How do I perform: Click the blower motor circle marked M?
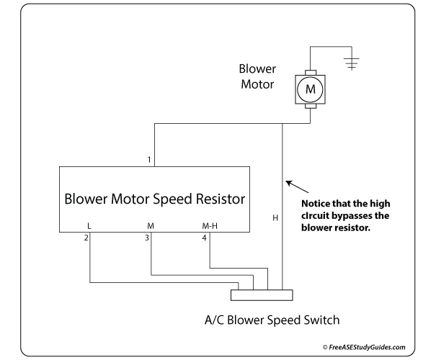(x=311, y=89)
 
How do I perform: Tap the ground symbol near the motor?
(x=352, y=64)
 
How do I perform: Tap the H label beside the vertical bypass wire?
(x=275, y=217)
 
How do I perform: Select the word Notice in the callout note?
(x=313, y=204)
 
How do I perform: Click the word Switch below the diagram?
(x=319, y=320)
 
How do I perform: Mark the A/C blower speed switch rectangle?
(x=261, y=294)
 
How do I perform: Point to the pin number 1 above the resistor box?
(x=148, y=159)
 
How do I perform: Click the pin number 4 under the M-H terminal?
(x=205, y=238)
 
